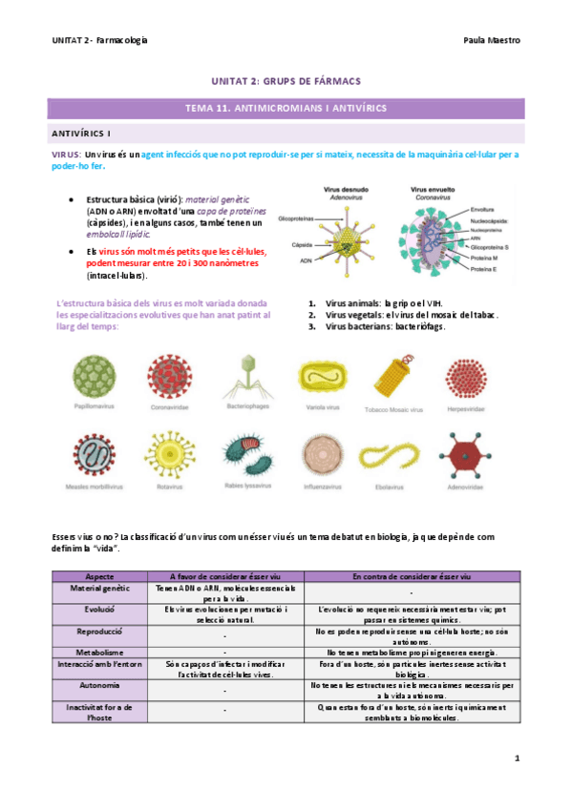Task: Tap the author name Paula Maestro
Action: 490,41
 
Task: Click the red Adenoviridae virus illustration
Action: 468,450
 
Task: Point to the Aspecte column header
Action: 99,577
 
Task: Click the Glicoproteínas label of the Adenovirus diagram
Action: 296,218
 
